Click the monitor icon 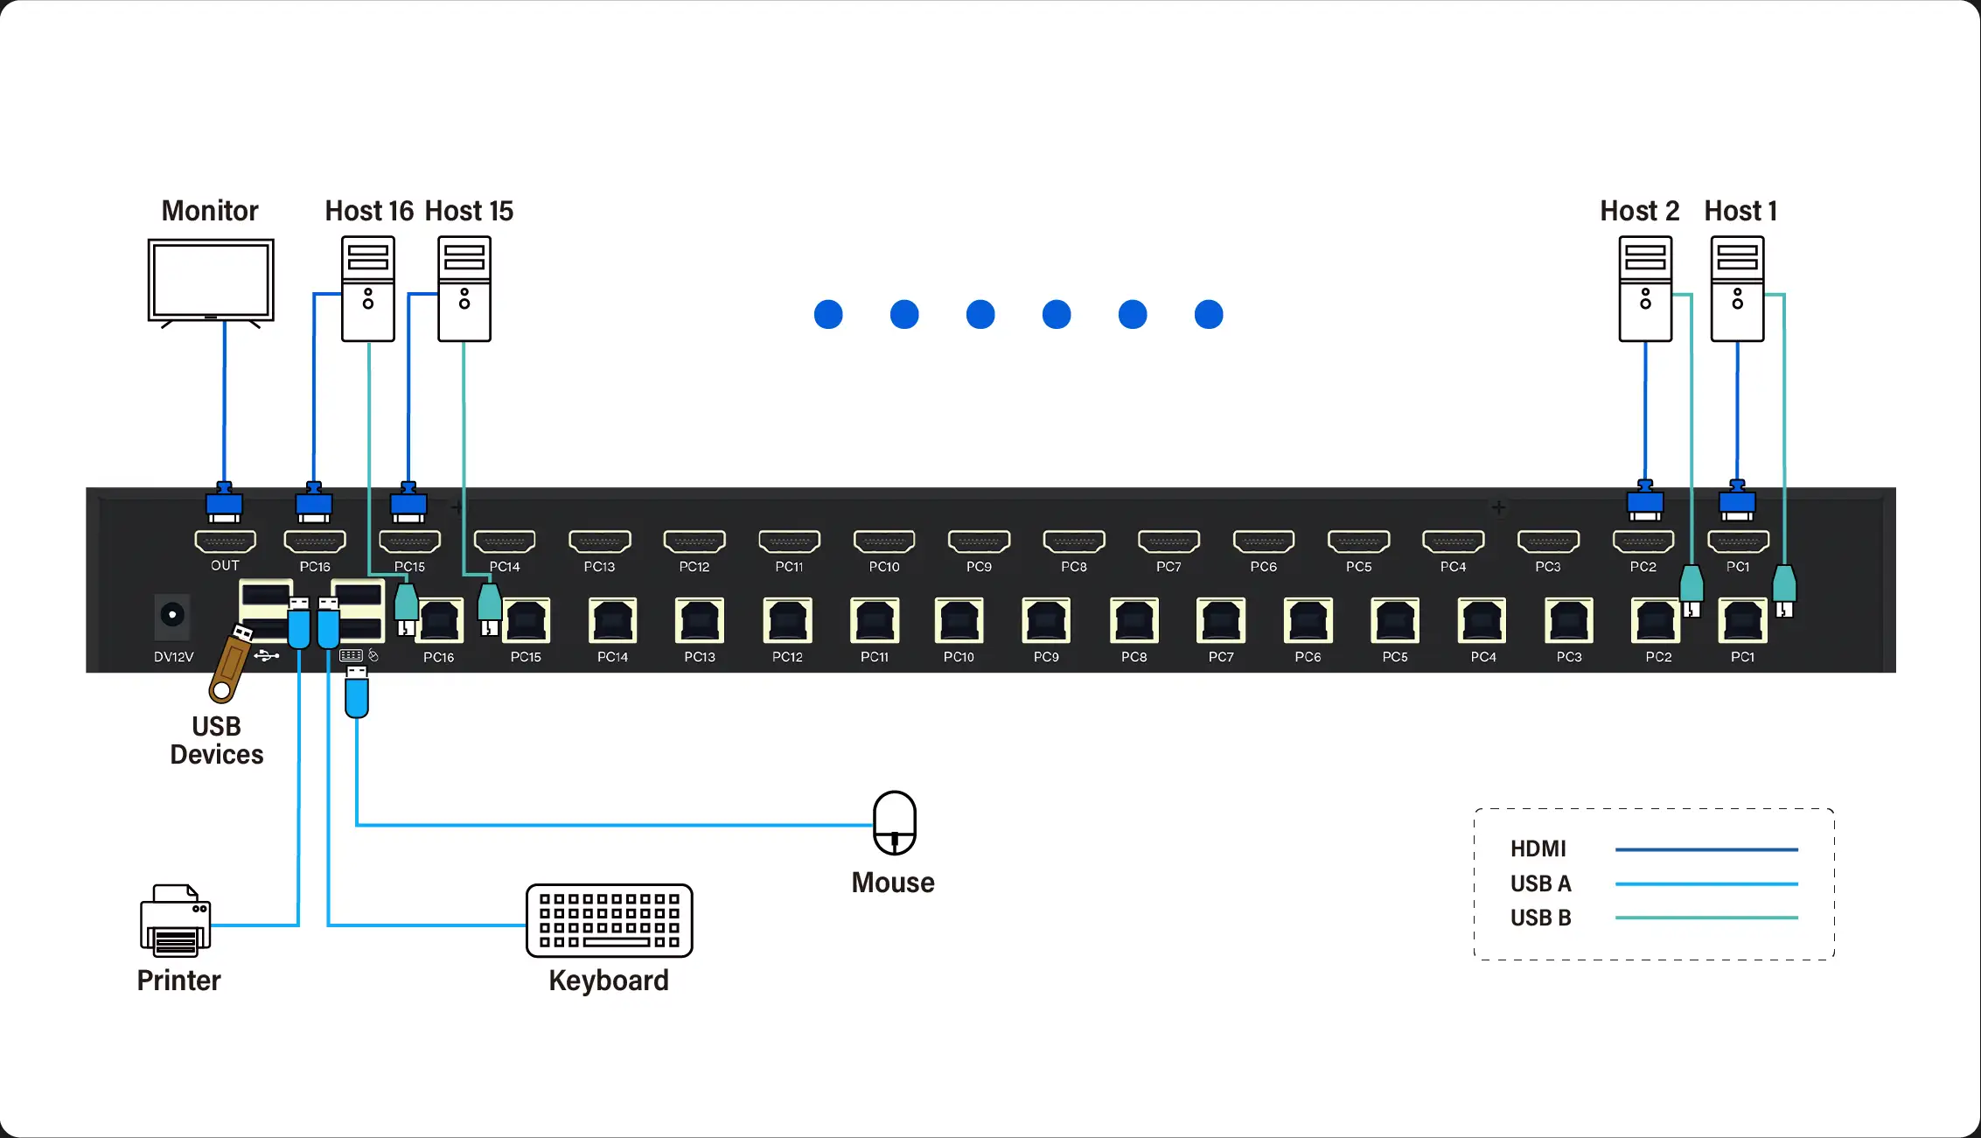click(211, 281)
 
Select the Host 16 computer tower click(368, 289)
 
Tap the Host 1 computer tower click(1737, 289)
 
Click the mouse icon click(895, 822)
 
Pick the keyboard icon click(610, 920)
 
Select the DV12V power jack click(172, 615)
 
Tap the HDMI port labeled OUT click(225, 542)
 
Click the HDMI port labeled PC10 click(884, 542)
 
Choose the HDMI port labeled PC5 click(1358, 542)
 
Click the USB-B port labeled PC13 click(700, 621)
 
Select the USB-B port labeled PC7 click(1221, 621)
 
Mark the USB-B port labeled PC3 click(1569, 621)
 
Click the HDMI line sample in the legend click(1705, 849)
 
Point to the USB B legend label click(1540, 918)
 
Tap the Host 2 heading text click(1639, 211)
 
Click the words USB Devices click(217, 740)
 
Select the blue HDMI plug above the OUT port click(225, 504)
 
